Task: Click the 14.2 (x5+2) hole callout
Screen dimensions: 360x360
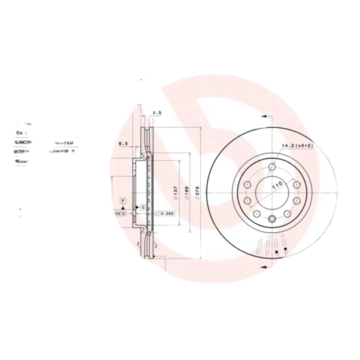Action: [x=297, y=146]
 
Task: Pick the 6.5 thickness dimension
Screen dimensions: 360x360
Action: [x=123, y=144]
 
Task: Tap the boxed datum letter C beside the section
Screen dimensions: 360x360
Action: [x=142, y=207]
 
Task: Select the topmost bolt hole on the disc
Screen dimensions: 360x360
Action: [x=271, y=167]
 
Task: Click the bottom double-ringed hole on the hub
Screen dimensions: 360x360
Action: [x=271, y=219]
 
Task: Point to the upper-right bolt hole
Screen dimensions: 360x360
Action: [x=296, y=185]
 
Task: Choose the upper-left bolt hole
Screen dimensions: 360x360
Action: [x=247, y=185]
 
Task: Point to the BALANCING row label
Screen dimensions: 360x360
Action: [x=23, y=142]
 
